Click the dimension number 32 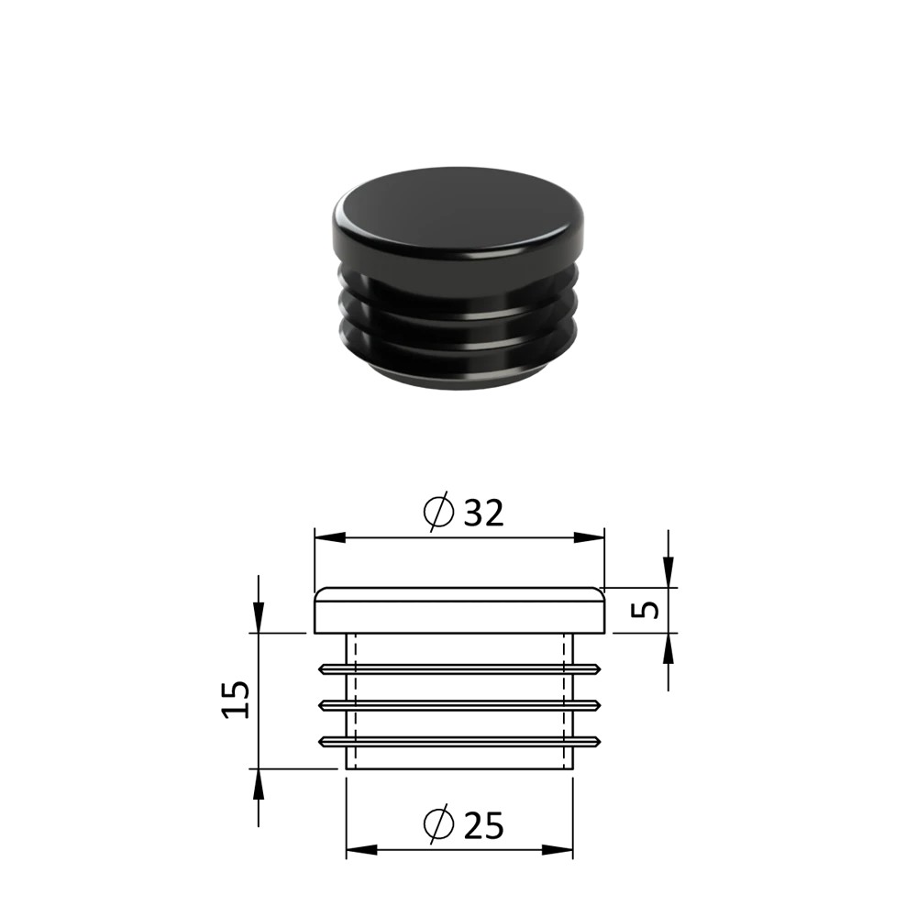483,513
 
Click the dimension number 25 483,825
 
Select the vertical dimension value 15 236,700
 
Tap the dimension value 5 646,610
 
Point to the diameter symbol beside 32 438,512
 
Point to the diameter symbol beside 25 438,823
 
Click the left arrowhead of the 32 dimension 330,537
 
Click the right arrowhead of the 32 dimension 589,537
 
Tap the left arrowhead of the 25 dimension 361,850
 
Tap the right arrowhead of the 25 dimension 558,850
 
